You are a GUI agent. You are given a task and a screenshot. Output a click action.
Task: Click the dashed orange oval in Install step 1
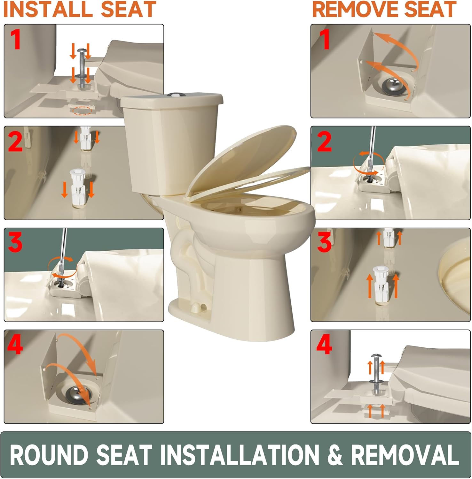tap(82, 110)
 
